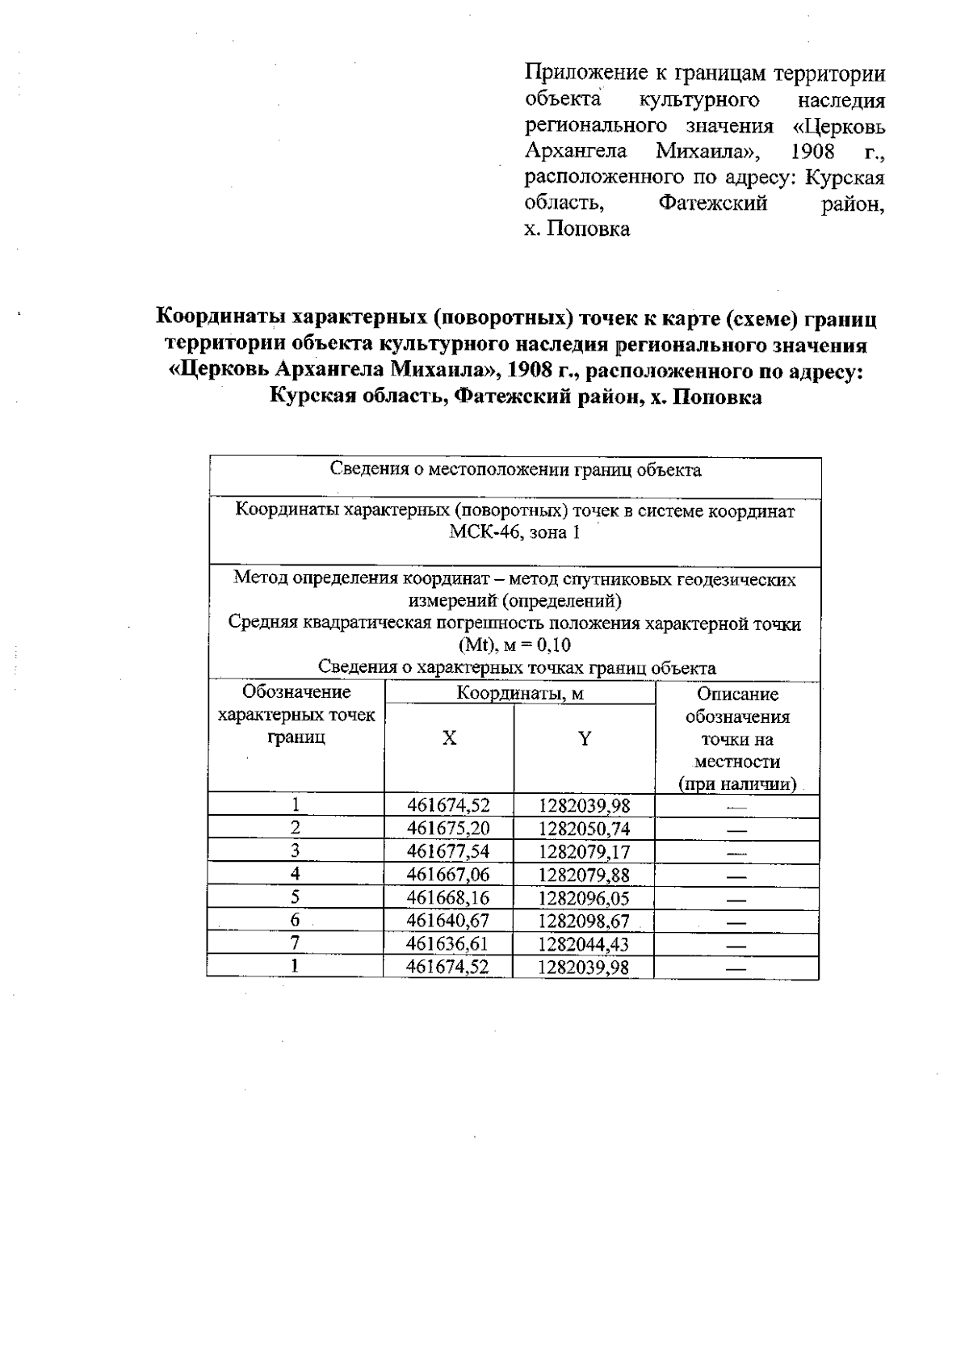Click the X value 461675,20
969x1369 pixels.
point(448,829)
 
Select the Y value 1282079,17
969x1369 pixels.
point(584,852)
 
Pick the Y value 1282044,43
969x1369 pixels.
point(584,944)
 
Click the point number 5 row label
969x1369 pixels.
point(296,897)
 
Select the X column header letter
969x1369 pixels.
point(449,737)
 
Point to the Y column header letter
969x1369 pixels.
point(585,737)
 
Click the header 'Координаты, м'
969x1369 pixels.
point(519,693)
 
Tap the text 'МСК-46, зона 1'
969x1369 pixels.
point(514,533)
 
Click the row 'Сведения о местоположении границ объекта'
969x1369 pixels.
point(515,470)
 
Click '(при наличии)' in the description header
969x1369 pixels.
point(737,784)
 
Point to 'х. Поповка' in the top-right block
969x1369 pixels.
point(577,229)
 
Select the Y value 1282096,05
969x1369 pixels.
point(584,898)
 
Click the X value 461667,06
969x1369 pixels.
point(448,875)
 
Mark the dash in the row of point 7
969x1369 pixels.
point(736,945)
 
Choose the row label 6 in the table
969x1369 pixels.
point(296,920)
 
